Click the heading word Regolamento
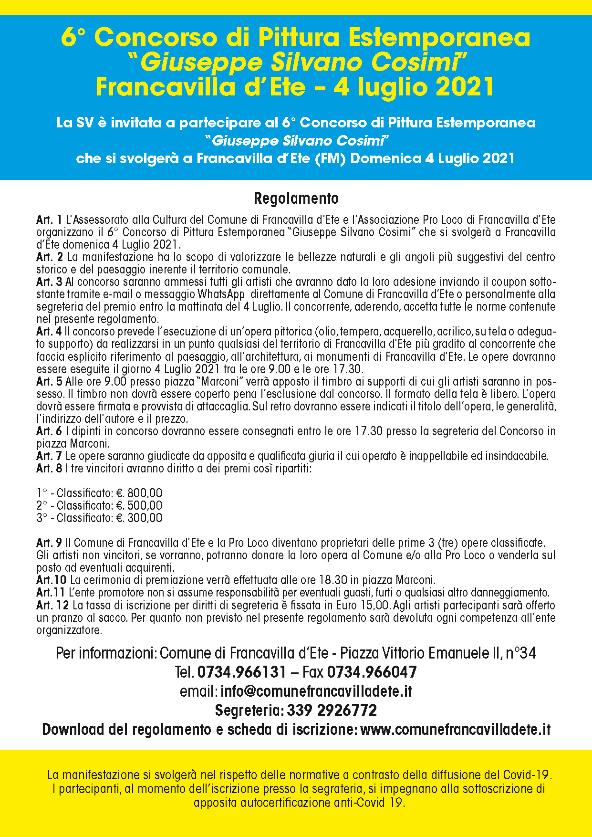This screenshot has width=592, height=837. [296, 199]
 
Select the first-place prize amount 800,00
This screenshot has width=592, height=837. [145, 493]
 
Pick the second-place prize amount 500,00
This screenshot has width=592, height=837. [145, 505]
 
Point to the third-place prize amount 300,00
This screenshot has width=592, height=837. [145, 518]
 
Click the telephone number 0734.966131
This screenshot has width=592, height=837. [241, 672]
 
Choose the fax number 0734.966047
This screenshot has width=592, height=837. [372, 672]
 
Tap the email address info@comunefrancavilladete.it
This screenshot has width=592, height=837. [316, 691]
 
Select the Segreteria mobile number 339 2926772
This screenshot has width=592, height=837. [332, 710]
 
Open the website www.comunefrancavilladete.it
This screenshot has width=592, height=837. [456, 729]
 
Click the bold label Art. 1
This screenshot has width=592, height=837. [49, 220]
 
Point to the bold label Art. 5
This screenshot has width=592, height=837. [49, 382]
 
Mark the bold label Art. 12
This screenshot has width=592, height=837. [52, 606]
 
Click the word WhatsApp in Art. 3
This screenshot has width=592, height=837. [221, 294]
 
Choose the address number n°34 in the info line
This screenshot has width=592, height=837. [521, 653]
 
